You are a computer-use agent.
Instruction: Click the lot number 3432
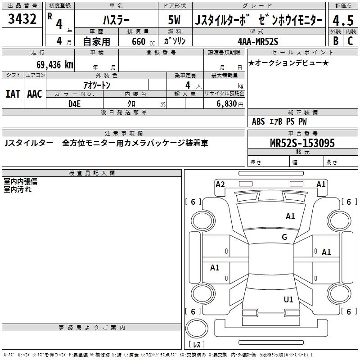click(22, 19)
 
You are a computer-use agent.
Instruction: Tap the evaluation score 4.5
click(343, 21)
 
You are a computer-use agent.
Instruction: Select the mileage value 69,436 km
click(55, 65)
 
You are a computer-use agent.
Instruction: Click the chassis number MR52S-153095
click(302, 143)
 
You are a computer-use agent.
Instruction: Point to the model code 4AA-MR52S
click(258, 41)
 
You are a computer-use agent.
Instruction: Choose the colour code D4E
click(74, 104)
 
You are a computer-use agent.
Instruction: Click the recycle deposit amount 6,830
click(227, 104)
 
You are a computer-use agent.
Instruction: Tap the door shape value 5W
click(174, 20)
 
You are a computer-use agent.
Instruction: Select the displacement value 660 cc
click(143, 42)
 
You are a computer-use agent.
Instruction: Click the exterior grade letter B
click(336, 41)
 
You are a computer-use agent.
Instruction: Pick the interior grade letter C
click(350, 41)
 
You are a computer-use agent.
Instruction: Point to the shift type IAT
click(13, 94)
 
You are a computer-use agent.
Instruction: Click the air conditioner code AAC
click(35, 94)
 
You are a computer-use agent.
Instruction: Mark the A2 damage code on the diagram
click(220, 184)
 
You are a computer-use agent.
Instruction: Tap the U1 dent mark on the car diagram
click(288, 299)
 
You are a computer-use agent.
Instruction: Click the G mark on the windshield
click(284, 237)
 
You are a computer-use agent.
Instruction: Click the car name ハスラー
click(116, 20)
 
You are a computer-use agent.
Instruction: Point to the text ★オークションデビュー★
click(288, 63)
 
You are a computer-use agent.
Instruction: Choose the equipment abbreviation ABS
click(258, 121)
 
